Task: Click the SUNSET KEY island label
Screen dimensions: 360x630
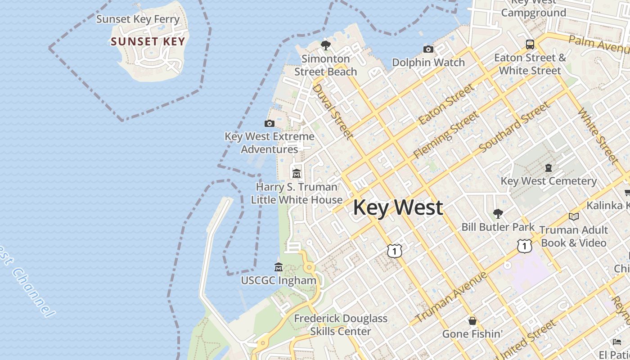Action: (x=148, y=42)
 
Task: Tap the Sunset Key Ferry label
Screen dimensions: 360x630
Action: (x=138, y=19)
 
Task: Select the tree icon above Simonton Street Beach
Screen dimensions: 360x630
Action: (x=325, y=45)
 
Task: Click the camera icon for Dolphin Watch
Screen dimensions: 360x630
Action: (x=428, y=49)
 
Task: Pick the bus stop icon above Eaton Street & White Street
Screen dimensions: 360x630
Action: (x=530, y=44)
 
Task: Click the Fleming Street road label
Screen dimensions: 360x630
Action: (x=446, y=135)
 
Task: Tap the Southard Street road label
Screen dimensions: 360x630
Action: (x=514, y=127)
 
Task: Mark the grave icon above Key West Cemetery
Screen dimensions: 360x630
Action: (x=549, y=168)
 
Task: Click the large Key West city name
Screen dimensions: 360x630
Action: (x=398, y=208)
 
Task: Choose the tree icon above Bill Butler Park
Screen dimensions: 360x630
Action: (x=498, y=214)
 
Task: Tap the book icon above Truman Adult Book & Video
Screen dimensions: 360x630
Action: (x=573, y=217)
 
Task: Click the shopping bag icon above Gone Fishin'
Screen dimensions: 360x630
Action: (x=472, y=321)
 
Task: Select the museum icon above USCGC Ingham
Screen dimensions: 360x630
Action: (x=279, y=267)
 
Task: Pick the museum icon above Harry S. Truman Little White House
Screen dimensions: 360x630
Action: (x=297, y=173)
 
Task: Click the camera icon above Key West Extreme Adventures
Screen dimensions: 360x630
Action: (x=269, y=123)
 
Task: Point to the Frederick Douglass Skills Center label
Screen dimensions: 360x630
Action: (x=341, y=325)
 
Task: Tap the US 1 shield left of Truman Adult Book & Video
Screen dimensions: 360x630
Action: (x=524, y=246)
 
